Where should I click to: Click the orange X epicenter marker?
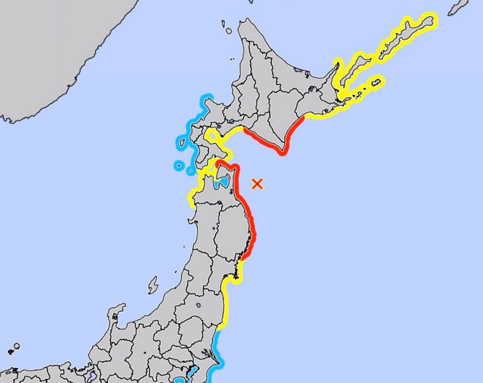click(257, 184)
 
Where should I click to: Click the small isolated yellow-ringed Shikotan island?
click(377, 82)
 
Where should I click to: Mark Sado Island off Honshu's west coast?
click(153, 284)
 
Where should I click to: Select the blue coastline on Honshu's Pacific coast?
click(217, 349)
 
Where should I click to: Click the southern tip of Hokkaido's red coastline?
click(282, 153)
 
